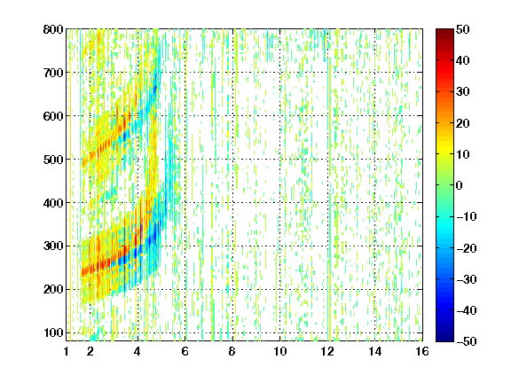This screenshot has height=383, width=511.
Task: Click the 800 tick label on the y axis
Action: pos(53,29)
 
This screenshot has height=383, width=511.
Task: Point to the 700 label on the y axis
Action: pos(53,73)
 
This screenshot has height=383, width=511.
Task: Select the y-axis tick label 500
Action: pos(53,160)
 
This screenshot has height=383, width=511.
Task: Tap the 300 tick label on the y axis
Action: pos(53,246)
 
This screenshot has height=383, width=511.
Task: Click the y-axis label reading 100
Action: pos(53,332)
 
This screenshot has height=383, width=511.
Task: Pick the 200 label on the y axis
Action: pos(53,290)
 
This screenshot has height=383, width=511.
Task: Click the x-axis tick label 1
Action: pos(67,351)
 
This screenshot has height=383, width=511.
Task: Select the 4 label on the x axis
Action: pos(138,351)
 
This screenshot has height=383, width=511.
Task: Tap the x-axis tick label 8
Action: pos(232,351)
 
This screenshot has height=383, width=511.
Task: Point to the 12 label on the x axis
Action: pos(327,351)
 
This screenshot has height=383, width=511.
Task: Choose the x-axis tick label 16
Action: pos(422,351)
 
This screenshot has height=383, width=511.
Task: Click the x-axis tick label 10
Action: pos(279,351)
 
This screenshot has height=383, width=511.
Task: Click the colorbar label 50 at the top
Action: pos(463,29)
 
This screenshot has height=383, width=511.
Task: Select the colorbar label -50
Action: pos(467,341)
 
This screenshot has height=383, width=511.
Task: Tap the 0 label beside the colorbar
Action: pos(460,185)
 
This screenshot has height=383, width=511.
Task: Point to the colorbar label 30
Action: pos(463,92)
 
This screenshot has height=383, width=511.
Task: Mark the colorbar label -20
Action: pos(467,248)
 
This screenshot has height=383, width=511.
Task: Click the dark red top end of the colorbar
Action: pos(444,30)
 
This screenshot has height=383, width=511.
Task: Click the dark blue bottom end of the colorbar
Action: pos(444,340)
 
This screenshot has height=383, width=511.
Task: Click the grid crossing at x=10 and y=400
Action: pos(279,202)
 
